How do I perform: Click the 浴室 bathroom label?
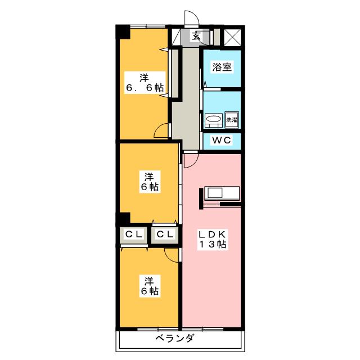[221, 67]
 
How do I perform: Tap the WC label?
[221, 141]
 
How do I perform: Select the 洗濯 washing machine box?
[232, 119]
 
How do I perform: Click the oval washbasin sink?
[213, 119]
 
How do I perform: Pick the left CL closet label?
[133, 234]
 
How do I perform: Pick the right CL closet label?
[164, 234]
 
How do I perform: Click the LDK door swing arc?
[190, 160]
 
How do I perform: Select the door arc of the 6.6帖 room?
[161, 131]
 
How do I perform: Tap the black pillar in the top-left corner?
[122, 33]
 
